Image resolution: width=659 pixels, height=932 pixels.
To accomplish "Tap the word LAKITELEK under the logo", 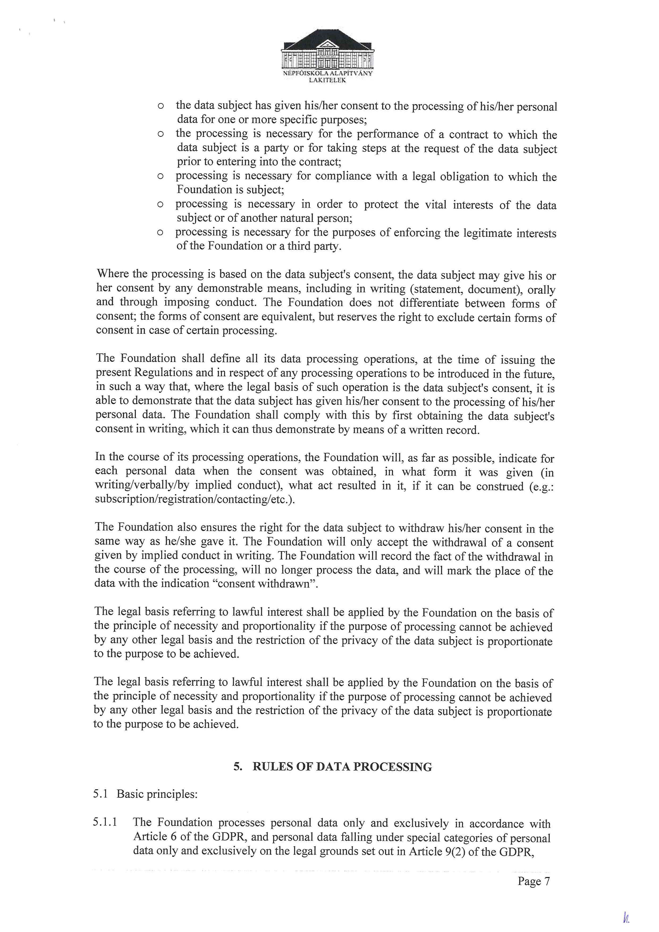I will coord(327,80).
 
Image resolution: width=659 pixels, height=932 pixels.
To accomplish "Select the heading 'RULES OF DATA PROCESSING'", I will coord(342,767).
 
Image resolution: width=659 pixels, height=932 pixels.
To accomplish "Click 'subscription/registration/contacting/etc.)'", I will coord(195,499).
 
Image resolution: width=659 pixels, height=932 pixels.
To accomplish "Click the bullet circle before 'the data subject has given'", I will coord(160,106).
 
